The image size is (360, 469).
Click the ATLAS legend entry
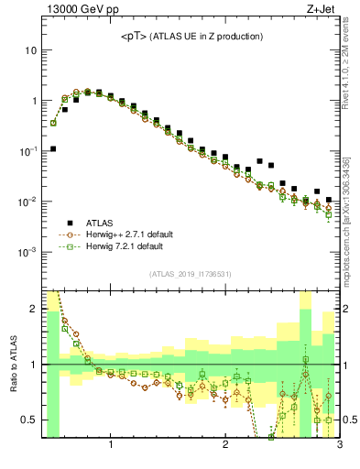102,222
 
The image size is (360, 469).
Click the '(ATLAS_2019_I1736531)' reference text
191,274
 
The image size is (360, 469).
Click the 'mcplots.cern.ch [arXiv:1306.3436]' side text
348,211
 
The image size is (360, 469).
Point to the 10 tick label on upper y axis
30,50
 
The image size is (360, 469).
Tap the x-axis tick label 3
339,446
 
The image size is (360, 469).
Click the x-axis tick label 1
111,446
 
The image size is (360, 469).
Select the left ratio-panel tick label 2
33,309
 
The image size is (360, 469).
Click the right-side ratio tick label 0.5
349,420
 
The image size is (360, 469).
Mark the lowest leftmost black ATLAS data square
53,148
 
